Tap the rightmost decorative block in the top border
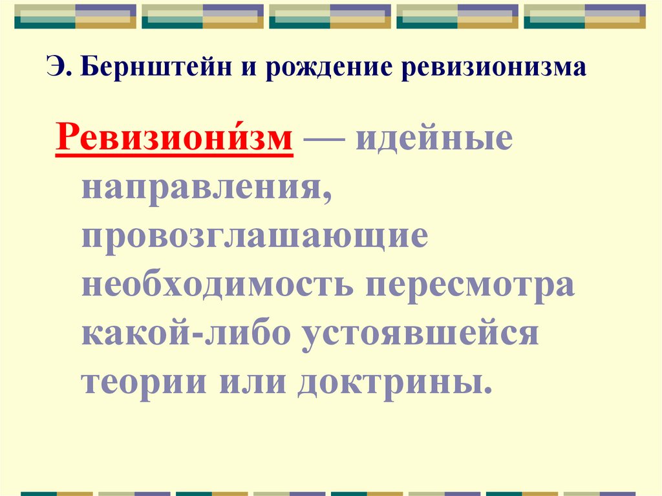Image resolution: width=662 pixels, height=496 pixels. (584, 16)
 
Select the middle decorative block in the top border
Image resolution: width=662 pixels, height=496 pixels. (330, 16)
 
